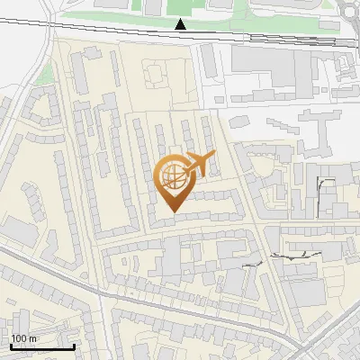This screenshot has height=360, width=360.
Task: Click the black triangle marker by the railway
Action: [181, 24]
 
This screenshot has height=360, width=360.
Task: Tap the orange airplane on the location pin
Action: [198, 165]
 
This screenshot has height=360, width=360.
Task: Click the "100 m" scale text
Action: [23, 338]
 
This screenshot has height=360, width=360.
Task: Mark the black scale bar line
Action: [41, 346]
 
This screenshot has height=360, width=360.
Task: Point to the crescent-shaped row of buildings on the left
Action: [27, 144]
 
